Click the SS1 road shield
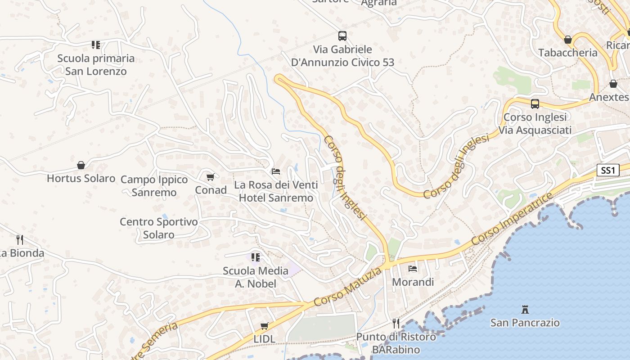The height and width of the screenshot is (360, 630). tap(608, 171)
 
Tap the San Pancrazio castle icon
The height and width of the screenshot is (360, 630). tap(525, 309)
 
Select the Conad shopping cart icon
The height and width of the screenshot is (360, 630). tap(210, 177)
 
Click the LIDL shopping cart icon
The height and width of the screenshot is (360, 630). tap(265, 325)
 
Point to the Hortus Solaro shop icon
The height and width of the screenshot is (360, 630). tap(81, 165)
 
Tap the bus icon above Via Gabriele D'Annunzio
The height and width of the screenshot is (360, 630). tap(342, 36)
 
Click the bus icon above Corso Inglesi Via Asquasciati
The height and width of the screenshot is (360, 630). tap(535, 103)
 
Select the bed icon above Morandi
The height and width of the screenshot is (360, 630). tap(413, 269)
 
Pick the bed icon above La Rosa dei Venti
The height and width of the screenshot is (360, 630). tap(276, 171)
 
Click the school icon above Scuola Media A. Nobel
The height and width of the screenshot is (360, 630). tap(256, 257)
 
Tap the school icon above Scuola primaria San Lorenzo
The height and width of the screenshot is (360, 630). tap(96, 45)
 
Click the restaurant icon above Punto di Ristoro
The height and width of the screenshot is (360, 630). tap(396, 323)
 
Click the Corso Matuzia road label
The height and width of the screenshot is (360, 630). tap(348, 287)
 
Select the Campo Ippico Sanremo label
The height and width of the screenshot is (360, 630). tap(154, 186)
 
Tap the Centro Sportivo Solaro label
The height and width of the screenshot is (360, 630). tap(159, 228)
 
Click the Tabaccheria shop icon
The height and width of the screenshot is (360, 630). tap(568, 40)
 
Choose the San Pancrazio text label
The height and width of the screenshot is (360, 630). tap(525, 323)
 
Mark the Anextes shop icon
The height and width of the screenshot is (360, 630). tap(613, 84)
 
